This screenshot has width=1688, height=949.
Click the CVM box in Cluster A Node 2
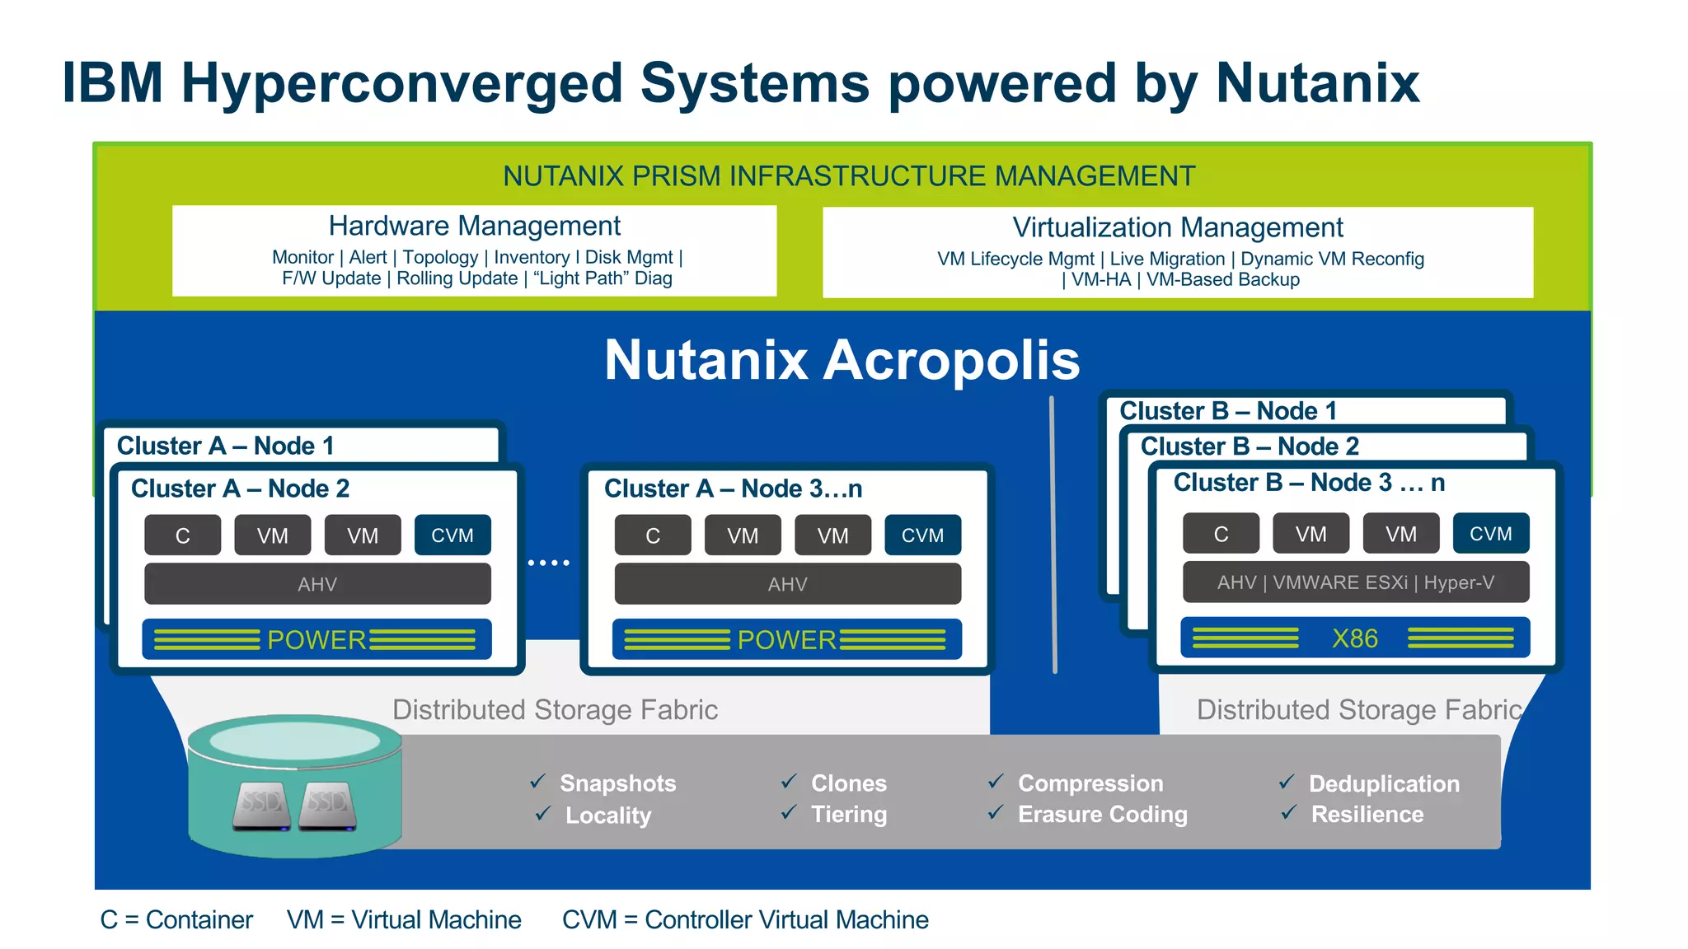(x=452, y=535)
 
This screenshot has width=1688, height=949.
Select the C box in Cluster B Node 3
(x=1221, y=534)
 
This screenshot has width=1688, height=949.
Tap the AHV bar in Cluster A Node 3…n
(x=787, y=584)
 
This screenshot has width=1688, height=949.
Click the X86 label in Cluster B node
(x=1354, y=638)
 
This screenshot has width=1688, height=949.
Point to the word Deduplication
(x=1384, y=783)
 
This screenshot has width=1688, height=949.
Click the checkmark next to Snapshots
(x=539, y=781)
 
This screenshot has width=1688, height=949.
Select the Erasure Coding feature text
(x=1102, y=815)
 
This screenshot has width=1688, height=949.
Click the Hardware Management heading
(x=475, y=226)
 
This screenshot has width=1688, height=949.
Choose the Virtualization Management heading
(x=1177, y=227)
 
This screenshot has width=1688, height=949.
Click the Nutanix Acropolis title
(x=842, y=360)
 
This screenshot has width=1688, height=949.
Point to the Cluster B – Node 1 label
(x=1227, y=410)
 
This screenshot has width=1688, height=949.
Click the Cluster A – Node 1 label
(x=225, y=446)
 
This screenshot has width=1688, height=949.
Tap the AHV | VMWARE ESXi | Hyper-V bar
(x=1355, y=582)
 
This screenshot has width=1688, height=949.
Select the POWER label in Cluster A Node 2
(x=316, y=640)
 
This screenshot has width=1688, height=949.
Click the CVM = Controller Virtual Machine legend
(x=745, y=919)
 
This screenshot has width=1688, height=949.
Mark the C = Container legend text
(x=176, y=919)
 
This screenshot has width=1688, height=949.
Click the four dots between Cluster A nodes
(x=549, y=563)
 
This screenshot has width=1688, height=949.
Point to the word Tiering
(x=848, y=815)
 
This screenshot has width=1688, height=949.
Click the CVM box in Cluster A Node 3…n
(x=922, y=535)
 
